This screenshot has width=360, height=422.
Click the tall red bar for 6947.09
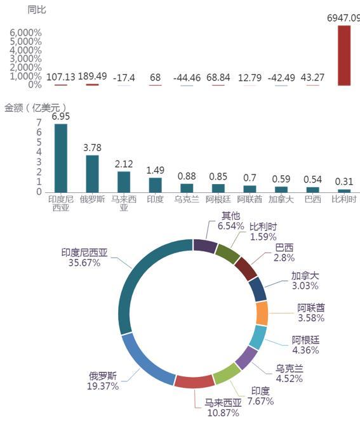[344, 56]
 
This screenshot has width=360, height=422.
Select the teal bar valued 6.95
[61, 158]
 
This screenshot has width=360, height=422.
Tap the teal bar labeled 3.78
[92, 174]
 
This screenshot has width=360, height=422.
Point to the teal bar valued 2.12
[124, 182]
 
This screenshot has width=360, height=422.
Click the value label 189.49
[92, 76]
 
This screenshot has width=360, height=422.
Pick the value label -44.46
[187, 78]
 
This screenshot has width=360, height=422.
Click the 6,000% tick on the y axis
[26, 33]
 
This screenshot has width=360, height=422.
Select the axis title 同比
[37, 10]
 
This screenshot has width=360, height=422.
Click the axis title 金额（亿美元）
[36, 108]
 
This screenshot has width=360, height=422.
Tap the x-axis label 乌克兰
[187, 199]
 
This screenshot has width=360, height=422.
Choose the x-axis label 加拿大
[281, 199]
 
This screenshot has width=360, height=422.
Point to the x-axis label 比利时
[344, 199]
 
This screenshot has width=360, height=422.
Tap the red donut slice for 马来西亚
[194, 381]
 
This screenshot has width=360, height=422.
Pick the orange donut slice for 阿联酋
[262, 313]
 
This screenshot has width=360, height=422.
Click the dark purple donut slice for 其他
[205, 246]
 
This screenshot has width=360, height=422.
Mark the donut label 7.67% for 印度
[261, 401]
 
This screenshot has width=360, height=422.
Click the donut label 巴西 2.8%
[284, 253]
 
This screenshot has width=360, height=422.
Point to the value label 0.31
[344, 181]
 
